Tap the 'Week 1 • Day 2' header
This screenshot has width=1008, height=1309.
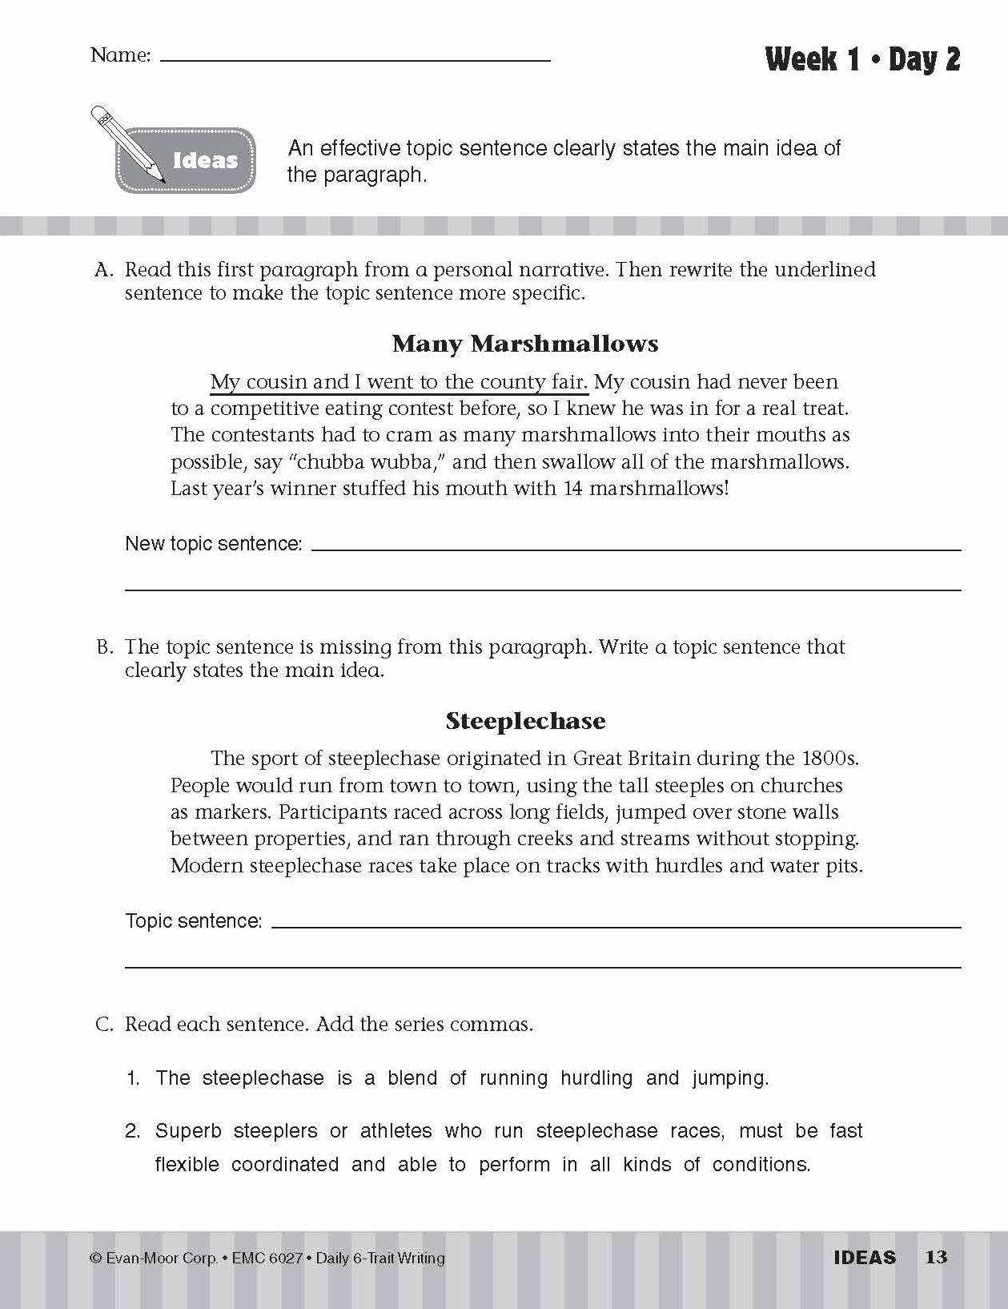click(x=862, y=59)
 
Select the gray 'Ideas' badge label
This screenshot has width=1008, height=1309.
click(x=205, y=160)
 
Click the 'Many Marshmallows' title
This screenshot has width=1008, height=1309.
click(x=525, y=344)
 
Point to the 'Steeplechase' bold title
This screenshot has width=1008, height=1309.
click(x=525, y=721)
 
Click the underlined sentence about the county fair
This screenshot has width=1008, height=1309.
click(x=399, y=382)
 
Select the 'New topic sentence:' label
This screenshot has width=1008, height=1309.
click(x=214, y=544)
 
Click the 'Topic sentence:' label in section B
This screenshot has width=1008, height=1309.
click(x=194, y=921)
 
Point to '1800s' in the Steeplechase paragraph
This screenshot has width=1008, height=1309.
click(x=829, y=758)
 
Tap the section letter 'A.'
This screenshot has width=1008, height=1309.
click(x=104, y=270)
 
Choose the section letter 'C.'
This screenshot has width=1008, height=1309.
click(x=104, y=1025)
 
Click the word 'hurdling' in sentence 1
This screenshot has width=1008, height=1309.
click(x=596, y=1078)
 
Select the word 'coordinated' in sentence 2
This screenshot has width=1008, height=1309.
click(x=285, y=1164)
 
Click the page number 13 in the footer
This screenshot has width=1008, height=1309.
click(x=936, y=1257)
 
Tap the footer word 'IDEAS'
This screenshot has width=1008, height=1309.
click(x=865, y=1258)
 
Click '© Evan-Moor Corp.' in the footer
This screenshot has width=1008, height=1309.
click(x=154, y=1259)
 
